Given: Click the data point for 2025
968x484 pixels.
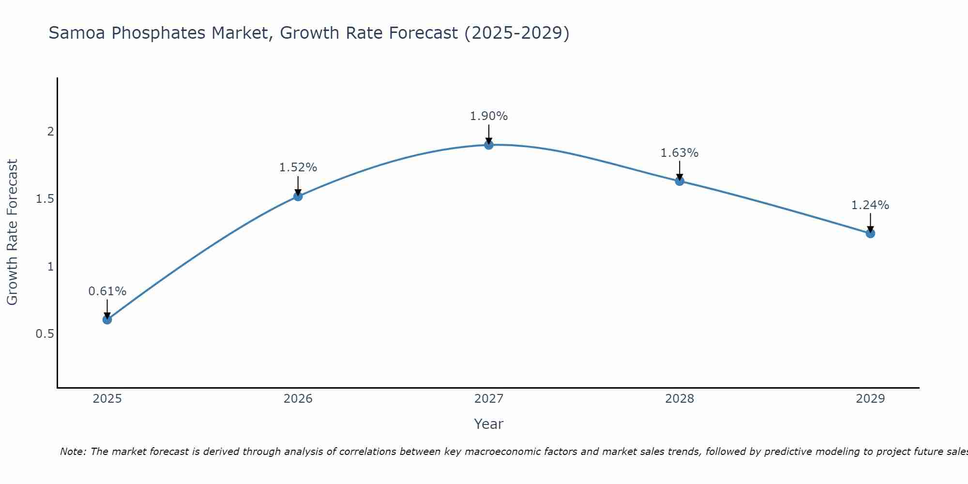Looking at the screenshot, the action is pyautogui.click(x=107, y=319).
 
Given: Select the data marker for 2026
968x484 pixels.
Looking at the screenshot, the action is pyautogui.click(x=298, y=196).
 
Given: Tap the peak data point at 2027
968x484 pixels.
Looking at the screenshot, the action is pyautogui.click(x=489, y=145).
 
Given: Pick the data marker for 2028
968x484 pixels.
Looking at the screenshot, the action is pyautogui.click(x=680, y=181).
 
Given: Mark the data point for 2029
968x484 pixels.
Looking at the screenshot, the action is pyautogui.click(x=870, y=233).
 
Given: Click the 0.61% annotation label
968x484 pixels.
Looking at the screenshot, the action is pyautogui.click(x=107, y=291).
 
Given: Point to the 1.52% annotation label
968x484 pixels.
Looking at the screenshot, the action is pyautogui.click(x=298, y=167).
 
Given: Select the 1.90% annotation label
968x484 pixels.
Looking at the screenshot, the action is pyautogui.click(x=489, y=116).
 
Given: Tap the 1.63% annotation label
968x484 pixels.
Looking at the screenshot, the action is pyautogui.click(x=680, y=153).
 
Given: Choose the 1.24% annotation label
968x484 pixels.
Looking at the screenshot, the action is pyautogui.click(x=870, y=205).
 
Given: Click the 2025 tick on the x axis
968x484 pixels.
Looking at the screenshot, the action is pyautogui.click(x=107, y=399).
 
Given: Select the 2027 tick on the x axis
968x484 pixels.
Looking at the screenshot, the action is pyautogui.click(x=489, y=399).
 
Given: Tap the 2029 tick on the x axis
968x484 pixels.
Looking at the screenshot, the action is pyautogui.click(x=870, y=399).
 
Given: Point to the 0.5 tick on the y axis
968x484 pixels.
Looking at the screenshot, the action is pyautogui.click(x=45, y=334).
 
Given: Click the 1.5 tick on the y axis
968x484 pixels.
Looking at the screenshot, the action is pyautogui.click(x=45, y=199).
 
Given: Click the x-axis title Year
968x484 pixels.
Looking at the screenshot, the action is pyautogui.click(x=489, y=424).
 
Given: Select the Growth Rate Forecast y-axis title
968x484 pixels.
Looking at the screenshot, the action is pyautogui.click(x=13, y=232).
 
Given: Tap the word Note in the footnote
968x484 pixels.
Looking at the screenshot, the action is pyautogui.click(x=73, y=452).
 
